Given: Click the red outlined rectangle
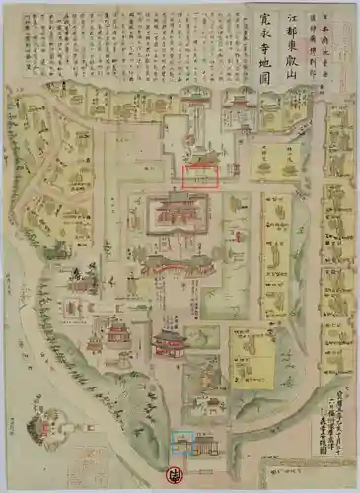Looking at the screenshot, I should coord(201,176).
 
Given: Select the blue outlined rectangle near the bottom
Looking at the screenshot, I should coord(180,445).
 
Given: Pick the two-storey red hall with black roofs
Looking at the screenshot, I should coord(170,343).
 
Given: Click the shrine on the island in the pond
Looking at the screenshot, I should coord(45,426).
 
